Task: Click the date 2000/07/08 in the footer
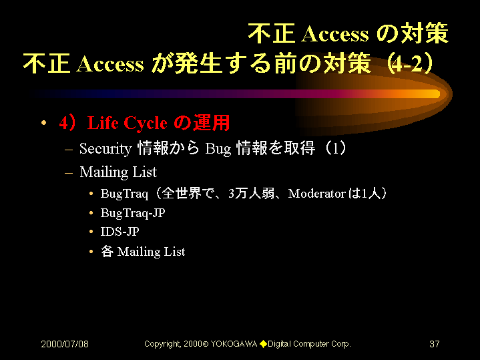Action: pyautogui.click(x=65, y=344)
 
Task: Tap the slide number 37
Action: pyautogui.click(x=435, y=344)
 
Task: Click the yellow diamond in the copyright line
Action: pyautogui.click(x=263, y=344)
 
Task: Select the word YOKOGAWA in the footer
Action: pyautogui.click(x=234, y=344)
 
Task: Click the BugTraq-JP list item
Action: pyautogui.click(x=133, y=213)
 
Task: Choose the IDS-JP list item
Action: pyautogui.click(x=119, y=232)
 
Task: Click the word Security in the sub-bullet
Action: pyautogui.click(x=105, y=149)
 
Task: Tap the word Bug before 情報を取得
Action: pyautogui.click(x=218, y=149)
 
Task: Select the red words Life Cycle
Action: pyautogui.click(x=128, y=123)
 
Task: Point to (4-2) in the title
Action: pyautogui.click(x=410, y=63)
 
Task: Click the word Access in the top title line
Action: pyautogui.click(x=335, y=33)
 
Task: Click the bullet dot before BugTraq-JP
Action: pyautogui.click(x=91, y=213)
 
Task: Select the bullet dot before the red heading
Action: pyautogui.click(x=44, y=123)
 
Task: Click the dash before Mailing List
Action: pyautogui.click(x=69, y=173)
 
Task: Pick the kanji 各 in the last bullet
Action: pyautogui.click(x=107, y=252)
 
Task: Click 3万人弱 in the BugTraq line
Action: pyautogui.click(x=251, y=194)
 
